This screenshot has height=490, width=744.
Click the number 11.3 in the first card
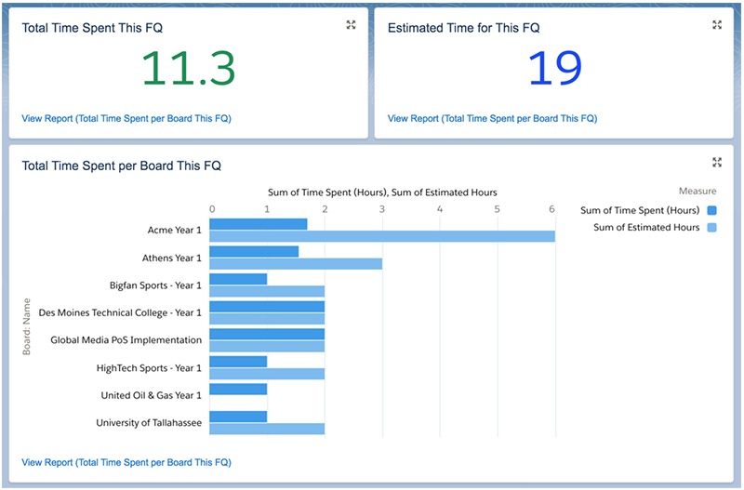point(188,68)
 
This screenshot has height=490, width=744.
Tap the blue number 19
point(554,68)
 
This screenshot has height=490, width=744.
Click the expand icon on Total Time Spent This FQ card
point(351,25)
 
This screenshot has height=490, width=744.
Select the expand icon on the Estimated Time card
point(717,25)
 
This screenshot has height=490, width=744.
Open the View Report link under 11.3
point(126,119)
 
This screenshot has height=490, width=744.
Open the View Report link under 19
point(492,119)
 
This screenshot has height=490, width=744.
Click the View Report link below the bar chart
point(126,462)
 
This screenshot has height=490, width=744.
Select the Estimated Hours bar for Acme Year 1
point(382,236)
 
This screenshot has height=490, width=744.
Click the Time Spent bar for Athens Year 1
point(254,251)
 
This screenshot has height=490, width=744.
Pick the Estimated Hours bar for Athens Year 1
point(296,263)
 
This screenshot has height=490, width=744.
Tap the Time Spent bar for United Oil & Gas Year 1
point(239,389)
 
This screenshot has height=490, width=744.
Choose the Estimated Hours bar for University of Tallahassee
point(267,429)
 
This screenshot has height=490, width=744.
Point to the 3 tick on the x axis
point(382,208)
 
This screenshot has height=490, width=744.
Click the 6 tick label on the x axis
point(552,208)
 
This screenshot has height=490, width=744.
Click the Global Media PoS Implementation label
point(126,340)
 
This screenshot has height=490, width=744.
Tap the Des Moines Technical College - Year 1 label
point(120,312)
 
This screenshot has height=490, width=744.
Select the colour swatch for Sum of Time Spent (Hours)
point(711,210)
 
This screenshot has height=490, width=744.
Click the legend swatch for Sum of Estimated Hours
point(711,228)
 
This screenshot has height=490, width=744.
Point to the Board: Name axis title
point(28,326)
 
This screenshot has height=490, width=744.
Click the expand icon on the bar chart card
point(717,162)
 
